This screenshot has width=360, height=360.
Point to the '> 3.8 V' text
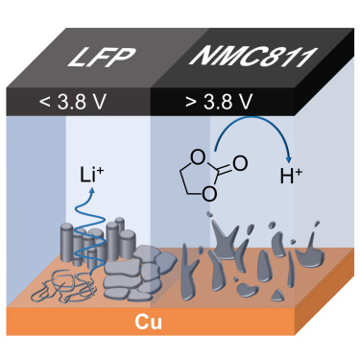point(219,102)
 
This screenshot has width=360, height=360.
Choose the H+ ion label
point(291,177)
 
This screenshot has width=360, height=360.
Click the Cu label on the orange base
point(148,322)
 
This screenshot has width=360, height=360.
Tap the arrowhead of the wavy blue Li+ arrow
point(92,191)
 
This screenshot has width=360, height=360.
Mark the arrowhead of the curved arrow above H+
point(289,158)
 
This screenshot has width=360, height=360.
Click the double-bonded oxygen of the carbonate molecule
point(240,163)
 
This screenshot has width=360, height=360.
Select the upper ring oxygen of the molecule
point(199,157)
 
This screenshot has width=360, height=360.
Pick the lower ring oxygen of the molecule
point(209,194)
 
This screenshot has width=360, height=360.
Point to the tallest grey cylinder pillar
point(112,241)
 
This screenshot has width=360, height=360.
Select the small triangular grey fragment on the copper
point(278,295)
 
